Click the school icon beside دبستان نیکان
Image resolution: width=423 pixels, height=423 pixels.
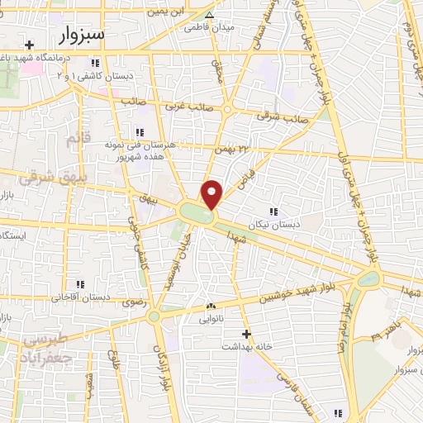pos(273,211)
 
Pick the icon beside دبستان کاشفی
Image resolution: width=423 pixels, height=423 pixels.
pos(95,63)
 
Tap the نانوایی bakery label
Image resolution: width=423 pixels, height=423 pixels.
pos(211,316)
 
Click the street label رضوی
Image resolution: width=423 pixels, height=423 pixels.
pos(133,303)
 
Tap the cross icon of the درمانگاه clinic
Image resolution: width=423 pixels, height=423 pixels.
pos(30,45)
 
